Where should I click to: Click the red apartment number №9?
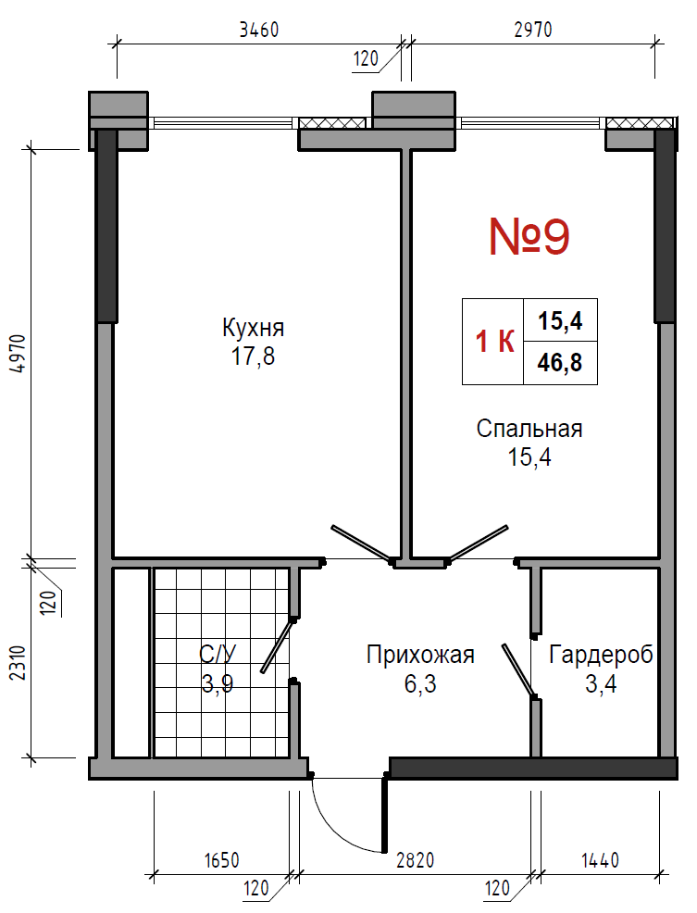(x=529, y=236)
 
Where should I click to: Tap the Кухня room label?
(x=254, y=328)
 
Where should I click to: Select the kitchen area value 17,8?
(x=254, y=356)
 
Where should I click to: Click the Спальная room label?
(x=529, y=429)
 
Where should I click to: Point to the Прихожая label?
(x=420, y=655)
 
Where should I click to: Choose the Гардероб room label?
(x=601, y=655)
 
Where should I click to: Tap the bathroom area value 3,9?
(x=218, y=683)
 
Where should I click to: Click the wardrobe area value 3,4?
(x=601, y=683)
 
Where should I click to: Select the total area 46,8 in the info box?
(x=560, y=363)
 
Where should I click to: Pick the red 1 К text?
(x=494, y=341)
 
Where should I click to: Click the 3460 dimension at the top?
(x=259, y=30)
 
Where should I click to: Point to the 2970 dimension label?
(x=533, y=29)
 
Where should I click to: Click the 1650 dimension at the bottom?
(x=222, y=860)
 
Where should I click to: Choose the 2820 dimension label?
(x=416, y=860)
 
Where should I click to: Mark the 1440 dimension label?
(x=600, y=860)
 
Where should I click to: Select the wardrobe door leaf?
(x=519, y=670)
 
